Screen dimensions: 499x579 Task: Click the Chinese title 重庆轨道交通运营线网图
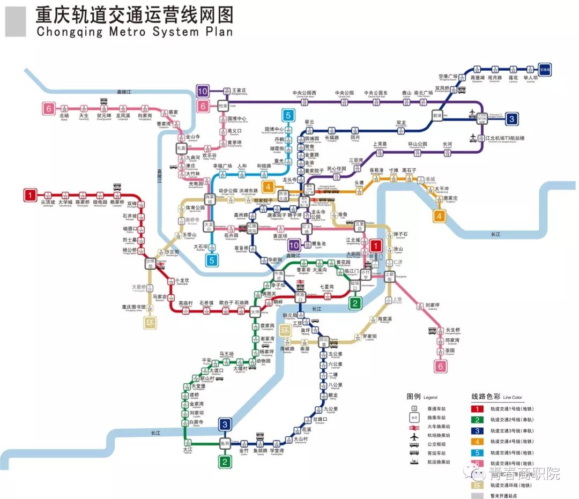click(135, 14)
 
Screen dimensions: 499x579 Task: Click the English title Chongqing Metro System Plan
click(135, 32)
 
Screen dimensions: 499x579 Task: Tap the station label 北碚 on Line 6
click(64, 115)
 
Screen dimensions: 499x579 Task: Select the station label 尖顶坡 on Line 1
click(48, 203)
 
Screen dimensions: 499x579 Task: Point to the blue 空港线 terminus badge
click(545, 69)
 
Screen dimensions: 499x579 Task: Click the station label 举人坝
click(530, 77)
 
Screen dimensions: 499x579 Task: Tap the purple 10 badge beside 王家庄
click(203, 91)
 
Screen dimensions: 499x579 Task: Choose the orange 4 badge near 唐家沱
click(440, 216)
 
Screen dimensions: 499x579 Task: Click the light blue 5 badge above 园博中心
click(288, 114)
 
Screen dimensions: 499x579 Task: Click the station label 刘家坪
click(432, 306)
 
